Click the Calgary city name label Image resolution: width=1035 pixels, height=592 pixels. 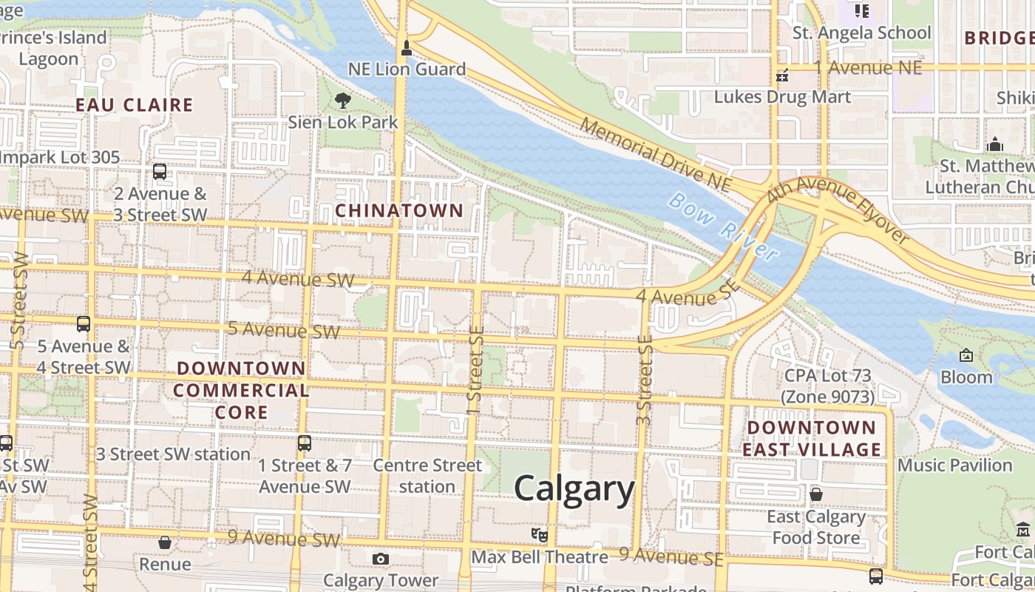pyautogui.click(x=574, y=489)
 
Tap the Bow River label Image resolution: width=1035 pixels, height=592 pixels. pyautogui.click(x=724, y=226)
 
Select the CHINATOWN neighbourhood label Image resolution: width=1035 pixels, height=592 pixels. pyautogui.click(x=399, y=211)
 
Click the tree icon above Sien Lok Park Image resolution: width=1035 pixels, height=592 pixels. pyautogui.click(x=342, y=100)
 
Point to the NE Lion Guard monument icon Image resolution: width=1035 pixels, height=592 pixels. pyautogui.click(x=405, y=49)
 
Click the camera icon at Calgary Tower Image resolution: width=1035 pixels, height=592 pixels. pyautogui.click(x=380, y=559)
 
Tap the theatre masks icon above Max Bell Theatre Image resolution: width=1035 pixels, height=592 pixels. pyautogui.click(x=540, y=534)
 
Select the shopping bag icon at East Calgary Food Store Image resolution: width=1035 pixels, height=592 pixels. pyautogui.click(x=816, y=494)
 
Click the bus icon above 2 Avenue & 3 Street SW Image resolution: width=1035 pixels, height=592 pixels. pyautogui.click(x=159, y=172)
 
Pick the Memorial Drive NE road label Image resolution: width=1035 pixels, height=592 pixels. pyautogui.click(x=654, y=153)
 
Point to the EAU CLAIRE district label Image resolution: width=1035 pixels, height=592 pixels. pyautogui.click(x=135, y=105)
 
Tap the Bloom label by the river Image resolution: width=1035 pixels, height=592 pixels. pyautogui.click(x=966, y=377)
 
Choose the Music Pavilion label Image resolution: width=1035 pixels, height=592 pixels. pyautogui.click(x=954, y=465)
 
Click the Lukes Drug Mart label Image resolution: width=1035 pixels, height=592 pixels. pyautogui.click(x=782, y=97)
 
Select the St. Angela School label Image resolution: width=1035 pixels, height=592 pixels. pyautogui.click(x=861, y=33)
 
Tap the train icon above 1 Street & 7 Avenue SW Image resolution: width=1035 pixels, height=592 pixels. pyautogui.click(x=304, y=443)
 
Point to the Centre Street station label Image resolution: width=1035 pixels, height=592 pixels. pyautogui.click(x=427, y=476)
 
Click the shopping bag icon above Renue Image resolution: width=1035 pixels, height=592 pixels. pyautogui.click(x=165, y=542)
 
